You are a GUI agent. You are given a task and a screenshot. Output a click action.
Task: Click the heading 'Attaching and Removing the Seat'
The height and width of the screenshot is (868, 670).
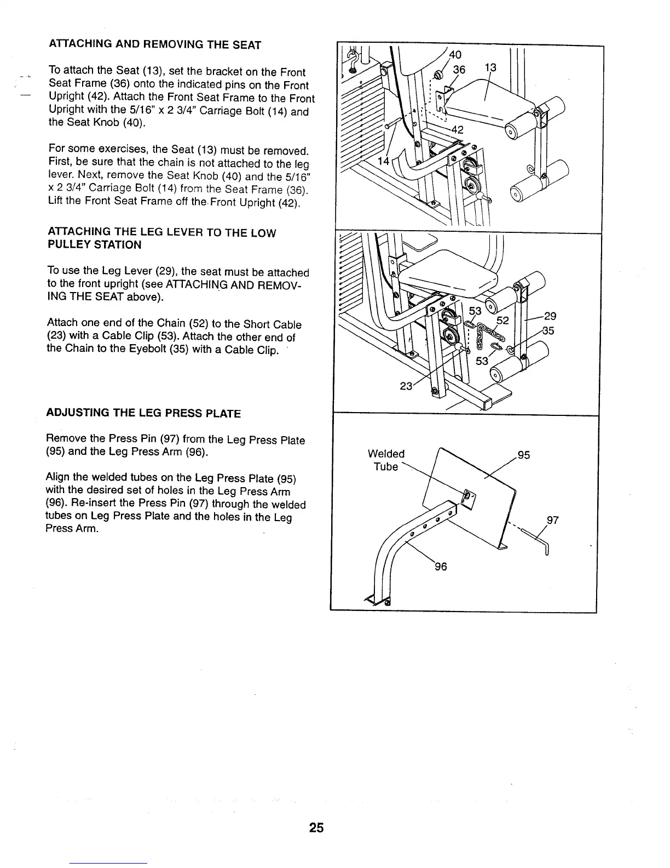(x=154, y=45)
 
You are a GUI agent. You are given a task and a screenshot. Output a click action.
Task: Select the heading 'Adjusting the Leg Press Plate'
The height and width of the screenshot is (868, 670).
(x=144, y=413)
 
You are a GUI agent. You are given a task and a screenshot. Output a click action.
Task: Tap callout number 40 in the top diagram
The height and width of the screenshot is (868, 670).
(x=455, y=55)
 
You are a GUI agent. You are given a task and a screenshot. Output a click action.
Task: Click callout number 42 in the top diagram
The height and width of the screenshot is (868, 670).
(x=457, y=130)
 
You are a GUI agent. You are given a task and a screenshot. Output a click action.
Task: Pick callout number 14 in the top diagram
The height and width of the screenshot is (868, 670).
(x=384, y=161)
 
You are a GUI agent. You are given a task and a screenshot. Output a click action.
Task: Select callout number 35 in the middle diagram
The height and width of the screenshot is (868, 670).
(x=548, y=330)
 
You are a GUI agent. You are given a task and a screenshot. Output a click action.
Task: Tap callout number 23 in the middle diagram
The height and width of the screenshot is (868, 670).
(x=406, y=386)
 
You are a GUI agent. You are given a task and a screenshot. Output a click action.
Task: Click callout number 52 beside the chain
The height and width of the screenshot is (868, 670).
(x=503, y=321)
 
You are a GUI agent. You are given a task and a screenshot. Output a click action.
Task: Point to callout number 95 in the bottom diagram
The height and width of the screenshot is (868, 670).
(x=523, y=455)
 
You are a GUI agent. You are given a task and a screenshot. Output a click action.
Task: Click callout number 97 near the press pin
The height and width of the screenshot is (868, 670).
(x=552, y=520)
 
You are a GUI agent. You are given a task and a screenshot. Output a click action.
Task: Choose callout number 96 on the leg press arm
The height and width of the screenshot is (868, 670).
(x=441, y=567)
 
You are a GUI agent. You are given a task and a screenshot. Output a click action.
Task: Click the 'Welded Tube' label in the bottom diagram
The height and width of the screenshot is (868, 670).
(x=386, y=460)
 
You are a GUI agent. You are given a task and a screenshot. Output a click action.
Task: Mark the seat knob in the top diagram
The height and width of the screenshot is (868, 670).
(x=438, y=76)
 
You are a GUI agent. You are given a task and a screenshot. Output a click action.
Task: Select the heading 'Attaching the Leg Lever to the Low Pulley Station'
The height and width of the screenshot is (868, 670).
(x=161, y=239)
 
